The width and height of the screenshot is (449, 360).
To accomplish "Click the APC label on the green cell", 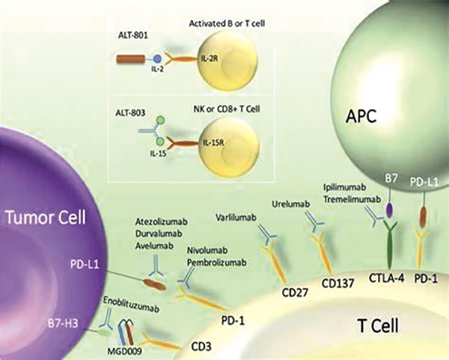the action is (x=361, y=116).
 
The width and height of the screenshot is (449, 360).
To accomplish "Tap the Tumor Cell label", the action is (x=46, y=217).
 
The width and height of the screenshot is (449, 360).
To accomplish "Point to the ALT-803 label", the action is (x=130, y=112).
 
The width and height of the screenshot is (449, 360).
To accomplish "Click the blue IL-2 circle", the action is (x=157, y=59).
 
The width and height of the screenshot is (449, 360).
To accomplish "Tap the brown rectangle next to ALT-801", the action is (x=130, y=59).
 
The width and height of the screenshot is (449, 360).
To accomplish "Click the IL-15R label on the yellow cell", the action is (x=213, y=142).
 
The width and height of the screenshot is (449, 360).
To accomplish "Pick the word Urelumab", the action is (x=291, y=205).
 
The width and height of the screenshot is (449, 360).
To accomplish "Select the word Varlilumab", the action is (x=236, y=218).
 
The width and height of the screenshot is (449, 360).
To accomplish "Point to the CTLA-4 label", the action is (x=387, y=278).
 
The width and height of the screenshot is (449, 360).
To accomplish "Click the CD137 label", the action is (x=337, y=283).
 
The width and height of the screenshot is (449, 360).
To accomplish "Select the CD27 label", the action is (x=295, y=293).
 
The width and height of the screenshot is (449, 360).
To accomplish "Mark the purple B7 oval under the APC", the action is (x=389, y=210).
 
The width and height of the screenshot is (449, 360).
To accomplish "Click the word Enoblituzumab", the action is (x=131, y=305).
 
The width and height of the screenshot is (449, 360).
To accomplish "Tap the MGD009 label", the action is (x=124, y=350).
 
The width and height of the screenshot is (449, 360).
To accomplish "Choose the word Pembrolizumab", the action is (x=217, y=263).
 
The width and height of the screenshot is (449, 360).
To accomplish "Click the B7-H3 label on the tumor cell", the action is (x=63, y=323).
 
